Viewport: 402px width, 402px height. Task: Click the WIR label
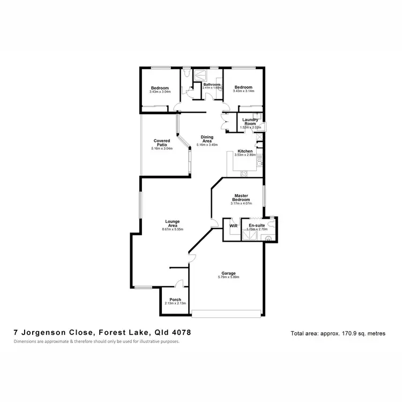coord(233,226)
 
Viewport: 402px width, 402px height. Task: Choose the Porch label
coord(175,300)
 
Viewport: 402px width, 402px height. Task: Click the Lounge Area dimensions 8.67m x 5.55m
coord(173,229)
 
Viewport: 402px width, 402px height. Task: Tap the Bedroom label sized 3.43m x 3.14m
coord(243,87)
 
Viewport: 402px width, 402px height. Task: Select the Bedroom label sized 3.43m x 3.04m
coord(160,88)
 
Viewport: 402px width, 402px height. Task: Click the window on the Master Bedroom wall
coord(264,199)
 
